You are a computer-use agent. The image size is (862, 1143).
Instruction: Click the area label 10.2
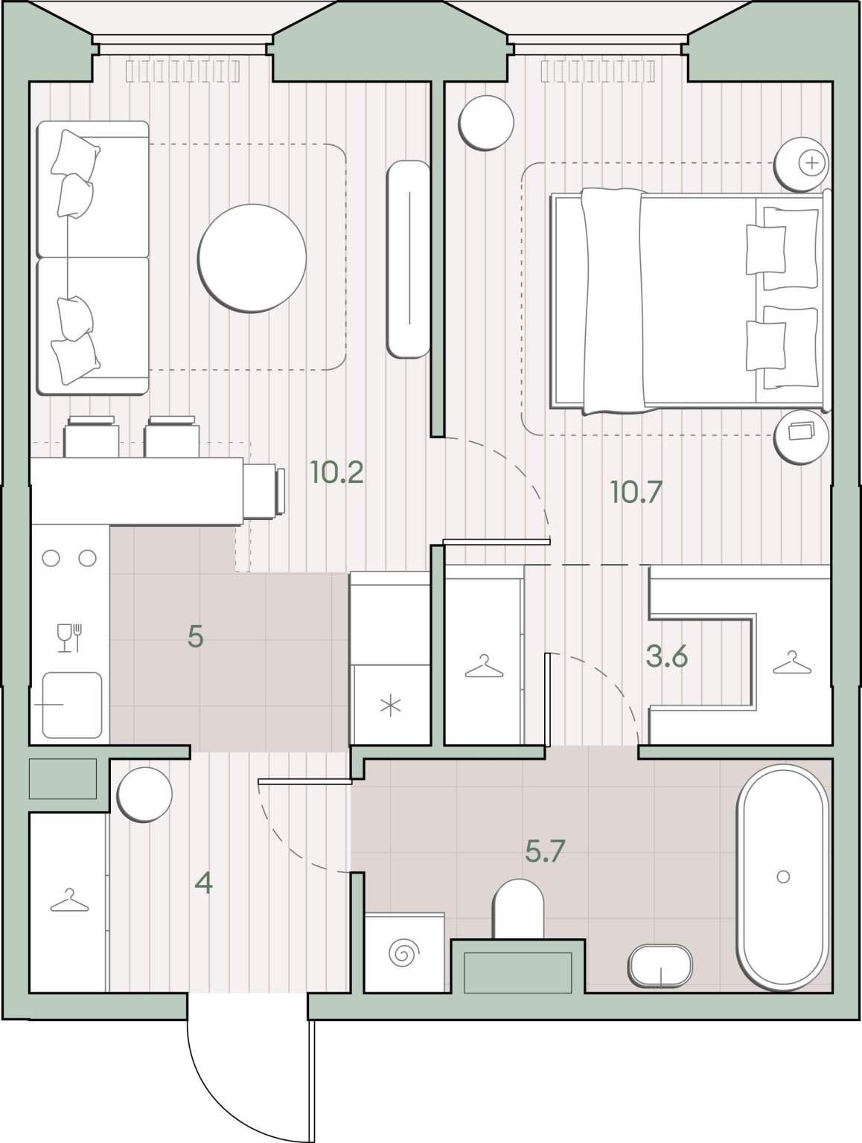pos(336,473)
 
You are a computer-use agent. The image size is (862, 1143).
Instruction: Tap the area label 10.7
pos(636,492)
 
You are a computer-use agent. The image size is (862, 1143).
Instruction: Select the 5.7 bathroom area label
pos(545,851)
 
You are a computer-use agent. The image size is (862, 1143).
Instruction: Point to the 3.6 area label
pos(667,656)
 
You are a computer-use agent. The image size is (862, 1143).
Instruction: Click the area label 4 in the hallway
pos(203,883)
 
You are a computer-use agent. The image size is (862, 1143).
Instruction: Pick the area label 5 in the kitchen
pos(195,636)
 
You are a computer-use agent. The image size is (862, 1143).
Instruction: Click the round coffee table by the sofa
pos(252,258)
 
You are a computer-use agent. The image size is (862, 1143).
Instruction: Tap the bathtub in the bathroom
pos(782,877)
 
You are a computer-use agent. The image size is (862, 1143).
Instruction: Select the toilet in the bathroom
pos(518,910)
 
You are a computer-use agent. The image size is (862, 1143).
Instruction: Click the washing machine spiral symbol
pos(403,953)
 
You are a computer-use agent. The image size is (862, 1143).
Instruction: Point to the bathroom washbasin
pos(661,966)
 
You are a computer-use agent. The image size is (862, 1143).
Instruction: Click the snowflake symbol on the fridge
pos(391,707)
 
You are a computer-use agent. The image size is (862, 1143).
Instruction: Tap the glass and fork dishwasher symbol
pos(70,638)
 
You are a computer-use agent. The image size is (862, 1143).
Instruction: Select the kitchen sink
pos(72,705)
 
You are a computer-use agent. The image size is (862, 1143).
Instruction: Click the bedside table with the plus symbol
pos(802,164)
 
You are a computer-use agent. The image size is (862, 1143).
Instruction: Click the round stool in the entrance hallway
pos(144,795)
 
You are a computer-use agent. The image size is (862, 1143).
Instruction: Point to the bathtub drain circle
pos(783,877)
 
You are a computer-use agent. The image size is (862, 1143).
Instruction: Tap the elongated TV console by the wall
pos(409,259)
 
